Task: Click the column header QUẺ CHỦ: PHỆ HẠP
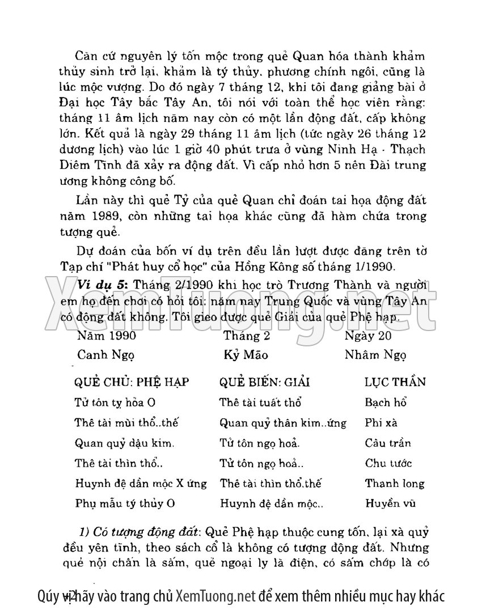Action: (132, 382)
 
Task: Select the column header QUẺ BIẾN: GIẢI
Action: (264, 382)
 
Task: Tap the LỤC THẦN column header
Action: (395, 382)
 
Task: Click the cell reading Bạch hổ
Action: (386, 403)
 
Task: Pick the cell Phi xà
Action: (381, 423)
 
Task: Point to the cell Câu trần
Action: (388, 443)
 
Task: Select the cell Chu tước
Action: (388, 464)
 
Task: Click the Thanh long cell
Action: (395, 484)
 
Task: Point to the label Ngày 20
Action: (369, 336)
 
